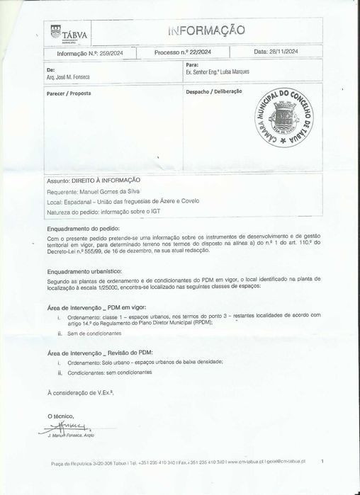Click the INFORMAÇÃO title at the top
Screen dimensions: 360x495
pyautogui.click(x=207, y=30)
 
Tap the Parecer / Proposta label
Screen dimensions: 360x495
pyautogui.click(x=69, y=93)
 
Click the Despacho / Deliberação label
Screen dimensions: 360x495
pyautogui.click(x=214, y=92)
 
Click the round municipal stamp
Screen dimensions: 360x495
pyautogui.click(x=283, y=118)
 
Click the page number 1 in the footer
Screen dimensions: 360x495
pyautogui.click(x=322, y=462)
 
